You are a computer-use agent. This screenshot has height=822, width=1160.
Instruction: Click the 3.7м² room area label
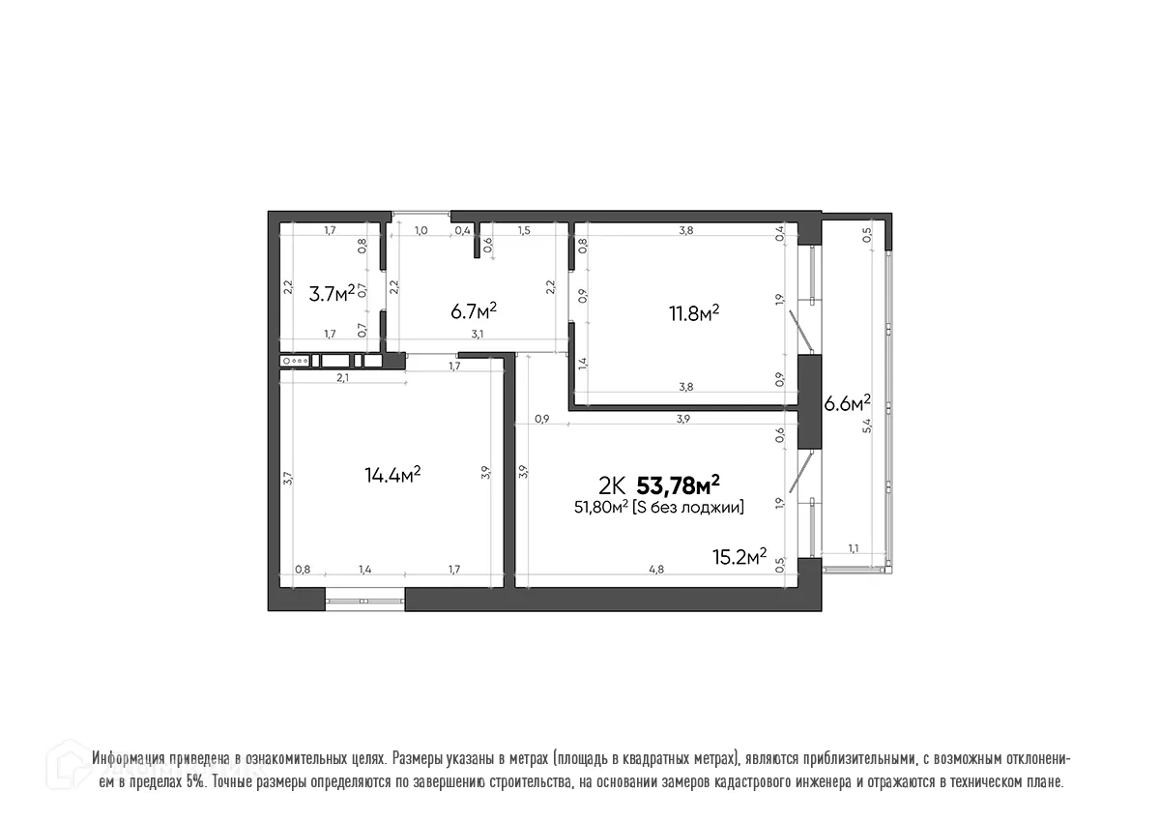click(332, 293)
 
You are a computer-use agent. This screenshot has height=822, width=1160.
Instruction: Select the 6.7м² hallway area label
click(474, 309)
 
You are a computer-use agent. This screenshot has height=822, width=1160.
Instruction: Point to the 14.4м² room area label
click(391, 474)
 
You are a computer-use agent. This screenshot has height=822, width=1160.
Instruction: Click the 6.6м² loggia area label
click(847, 402)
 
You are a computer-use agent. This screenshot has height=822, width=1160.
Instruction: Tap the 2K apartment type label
click(612, 484)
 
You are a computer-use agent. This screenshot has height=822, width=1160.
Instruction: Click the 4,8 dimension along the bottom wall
click(655, 570)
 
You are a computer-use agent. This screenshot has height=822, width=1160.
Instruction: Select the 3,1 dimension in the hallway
click(477, 335)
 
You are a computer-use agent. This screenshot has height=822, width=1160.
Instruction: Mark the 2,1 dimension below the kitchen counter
click(342, 377)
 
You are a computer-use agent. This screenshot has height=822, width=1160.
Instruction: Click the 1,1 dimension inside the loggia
click(854, 548)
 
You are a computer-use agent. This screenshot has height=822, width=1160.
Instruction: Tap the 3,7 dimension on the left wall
click(288, 477)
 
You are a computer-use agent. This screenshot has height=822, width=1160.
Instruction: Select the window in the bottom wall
click(363, 601)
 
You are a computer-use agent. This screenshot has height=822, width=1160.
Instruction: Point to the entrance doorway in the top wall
click(421, 215)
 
